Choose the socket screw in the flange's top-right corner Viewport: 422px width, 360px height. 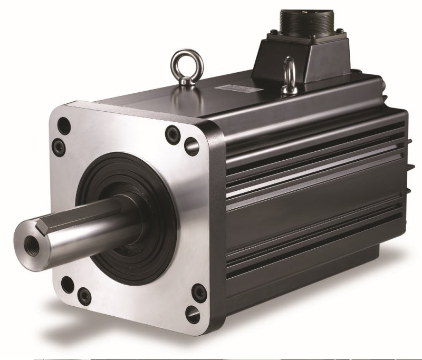click(x=171, y=134)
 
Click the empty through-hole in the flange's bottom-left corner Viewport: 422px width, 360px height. click(x=66, y=285)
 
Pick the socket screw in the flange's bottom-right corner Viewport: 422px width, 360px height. click(x=197, y=290)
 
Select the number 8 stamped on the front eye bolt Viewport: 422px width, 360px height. click(x=183, y=82)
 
